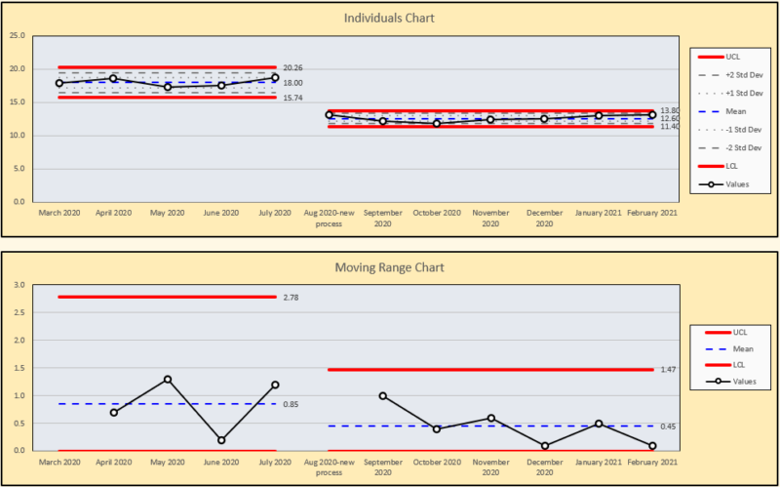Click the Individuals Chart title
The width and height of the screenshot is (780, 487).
coord(389,19)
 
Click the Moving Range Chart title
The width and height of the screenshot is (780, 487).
coord(389,267)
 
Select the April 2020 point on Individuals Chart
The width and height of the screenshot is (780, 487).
coord(113,78)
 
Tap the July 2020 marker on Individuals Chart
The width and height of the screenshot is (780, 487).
coord(276,78)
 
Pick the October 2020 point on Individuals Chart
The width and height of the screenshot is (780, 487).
coord(437,123)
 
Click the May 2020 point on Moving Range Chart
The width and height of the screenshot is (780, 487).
coord(168,379)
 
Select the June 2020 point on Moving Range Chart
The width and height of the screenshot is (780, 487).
coord(221,440)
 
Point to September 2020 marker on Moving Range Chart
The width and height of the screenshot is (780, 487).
coord(383,395)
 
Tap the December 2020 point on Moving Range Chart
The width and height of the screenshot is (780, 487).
coord(544,446)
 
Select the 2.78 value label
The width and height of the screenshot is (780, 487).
coord(290,297)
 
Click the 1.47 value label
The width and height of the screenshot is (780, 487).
coord(669,370)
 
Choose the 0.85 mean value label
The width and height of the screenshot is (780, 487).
coord(290,404)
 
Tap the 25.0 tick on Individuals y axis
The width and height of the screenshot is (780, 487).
coord(18,36)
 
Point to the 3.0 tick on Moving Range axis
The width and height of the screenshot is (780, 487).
coord(19,285)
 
